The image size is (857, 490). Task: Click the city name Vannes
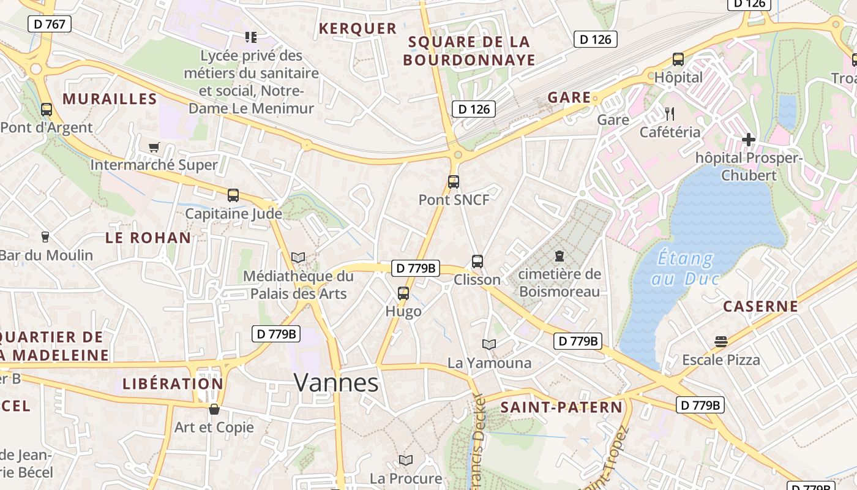(x=336, y=382)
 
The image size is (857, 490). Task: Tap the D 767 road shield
(x=50, y=24)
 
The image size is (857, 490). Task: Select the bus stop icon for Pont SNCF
(x=453, y=181)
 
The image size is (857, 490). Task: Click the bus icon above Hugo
(x=403, y=293)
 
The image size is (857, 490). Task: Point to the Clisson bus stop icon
(x=477, y=261)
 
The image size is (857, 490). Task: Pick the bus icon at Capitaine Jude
(x=233, y=195)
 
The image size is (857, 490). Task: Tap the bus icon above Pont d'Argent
(x=46, y=110)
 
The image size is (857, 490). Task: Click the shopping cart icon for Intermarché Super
(x=154, y=147)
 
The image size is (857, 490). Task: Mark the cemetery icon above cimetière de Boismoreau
(x=559, y=255)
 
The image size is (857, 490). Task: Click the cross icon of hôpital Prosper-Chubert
(x=748, y=140)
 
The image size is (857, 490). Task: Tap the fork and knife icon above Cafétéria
(x=670, y=113)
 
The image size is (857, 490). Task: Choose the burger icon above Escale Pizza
(x=721, y=341)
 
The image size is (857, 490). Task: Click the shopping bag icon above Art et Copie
(x=214, y=409)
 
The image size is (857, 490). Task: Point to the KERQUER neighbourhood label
(x=357, y=28)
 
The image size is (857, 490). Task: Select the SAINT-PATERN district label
(x=561, y=407)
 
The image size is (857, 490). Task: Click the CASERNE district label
(x=761, y=306)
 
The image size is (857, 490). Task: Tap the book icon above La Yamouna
(x=488, y=344)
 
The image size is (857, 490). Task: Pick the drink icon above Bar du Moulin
(x=45, y=236)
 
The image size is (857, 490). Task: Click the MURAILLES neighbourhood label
(x=110, y=99)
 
